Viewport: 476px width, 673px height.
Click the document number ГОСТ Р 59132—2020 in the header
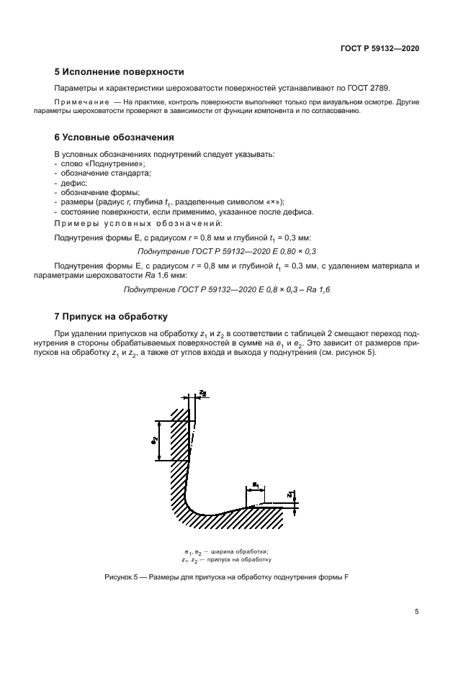pos(380,48)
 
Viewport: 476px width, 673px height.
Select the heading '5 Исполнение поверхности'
pos(120,72)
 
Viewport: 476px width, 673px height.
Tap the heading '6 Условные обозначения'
pos(114,137)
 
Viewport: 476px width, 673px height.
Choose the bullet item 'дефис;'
pos(73,183)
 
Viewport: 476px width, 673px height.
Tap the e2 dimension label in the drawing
pos(155,440)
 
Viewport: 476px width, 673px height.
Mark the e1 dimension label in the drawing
pos(255,486)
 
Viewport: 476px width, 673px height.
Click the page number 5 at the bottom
pos(416,612)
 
